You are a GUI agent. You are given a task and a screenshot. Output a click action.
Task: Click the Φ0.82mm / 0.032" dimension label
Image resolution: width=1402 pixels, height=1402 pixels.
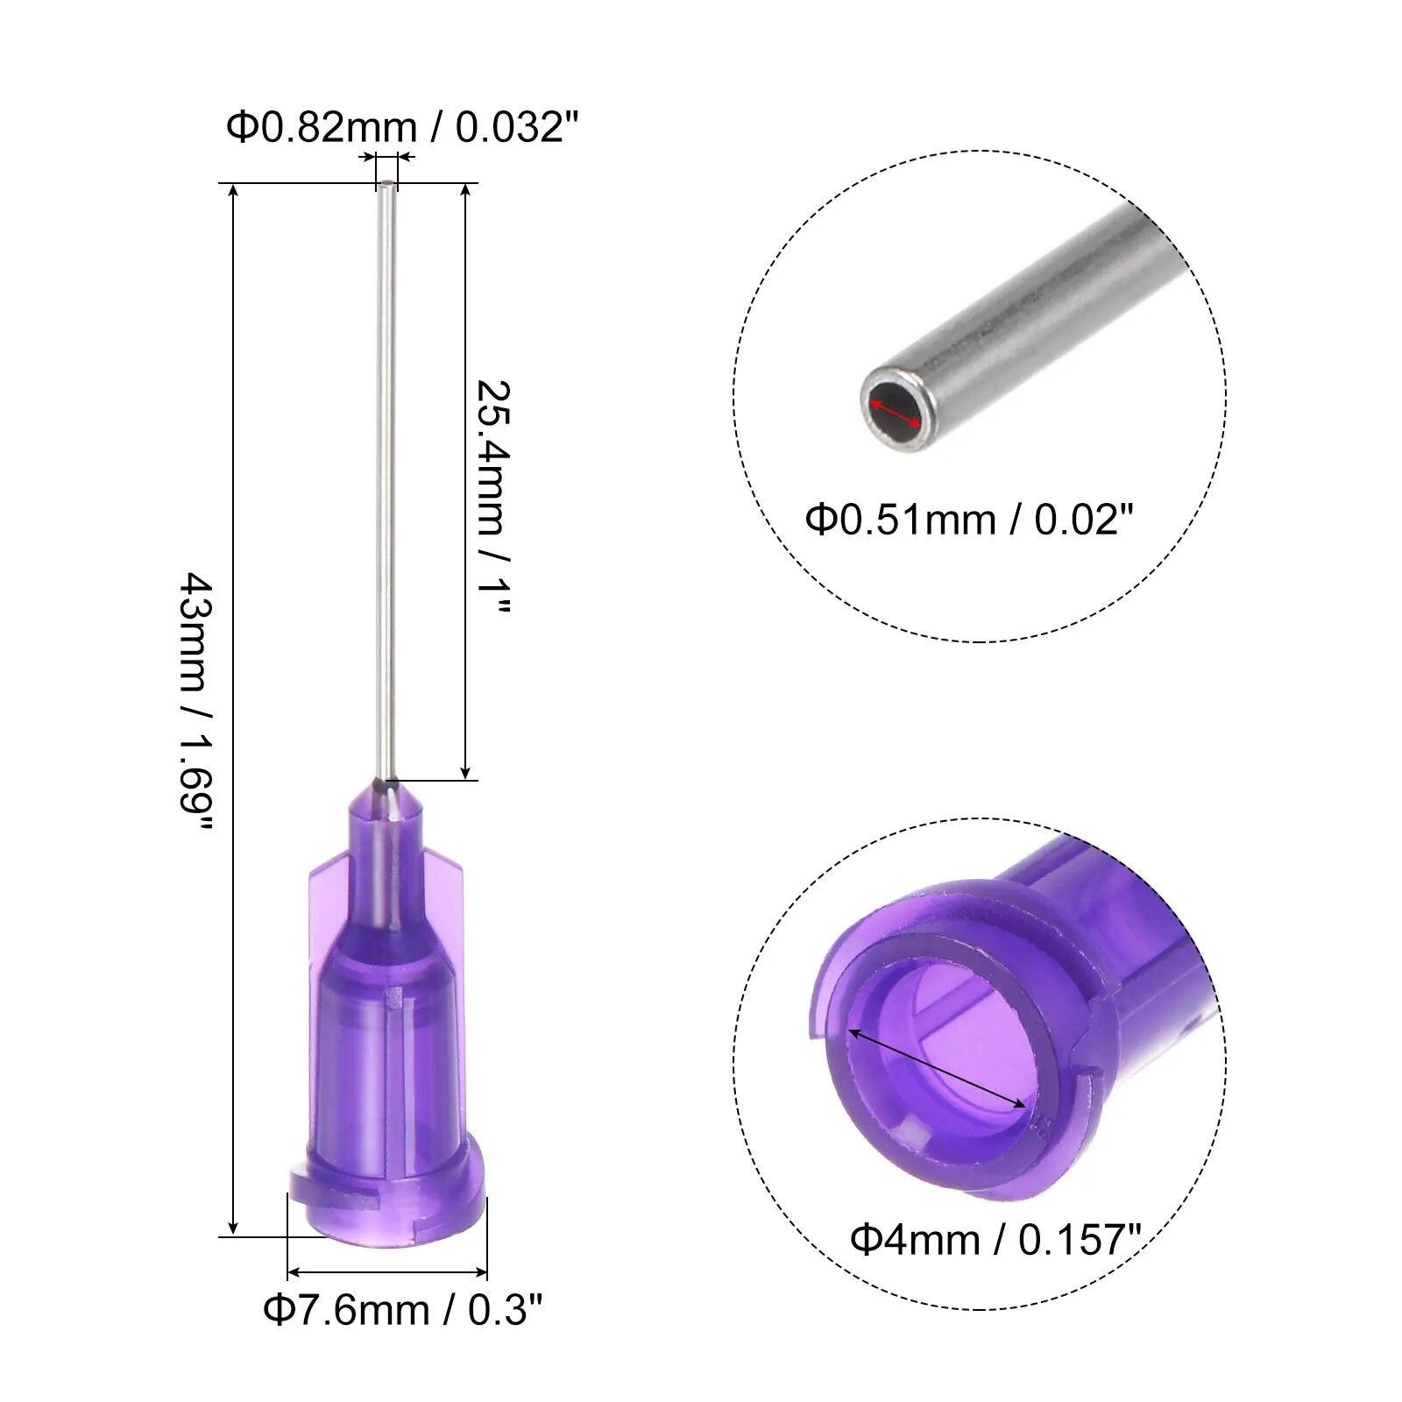pos(402,128)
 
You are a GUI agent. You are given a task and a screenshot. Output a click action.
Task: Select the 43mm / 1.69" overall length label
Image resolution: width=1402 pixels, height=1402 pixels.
pos(196,702)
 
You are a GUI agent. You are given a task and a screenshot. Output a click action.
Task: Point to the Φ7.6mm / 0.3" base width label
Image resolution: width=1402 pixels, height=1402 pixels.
pos(402,1310)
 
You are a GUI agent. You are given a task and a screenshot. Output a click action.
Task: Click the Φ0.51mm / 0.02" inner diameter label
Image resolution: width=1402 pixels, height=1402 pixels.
pos(968,520)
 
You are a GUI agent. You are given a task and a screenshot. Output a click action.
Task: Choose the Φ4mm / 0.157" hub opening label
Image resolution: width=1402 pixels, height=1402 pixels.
pos(995,1240)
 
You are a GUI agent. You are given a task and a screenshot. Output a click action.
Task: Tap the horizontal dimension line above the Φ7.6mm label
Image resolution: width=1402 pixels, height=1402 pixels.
pos(386,1272)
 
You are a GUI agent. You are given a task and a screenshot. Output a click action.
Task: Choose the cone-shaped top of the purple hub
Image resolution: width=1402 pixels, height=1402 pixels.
pos(386,811)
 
